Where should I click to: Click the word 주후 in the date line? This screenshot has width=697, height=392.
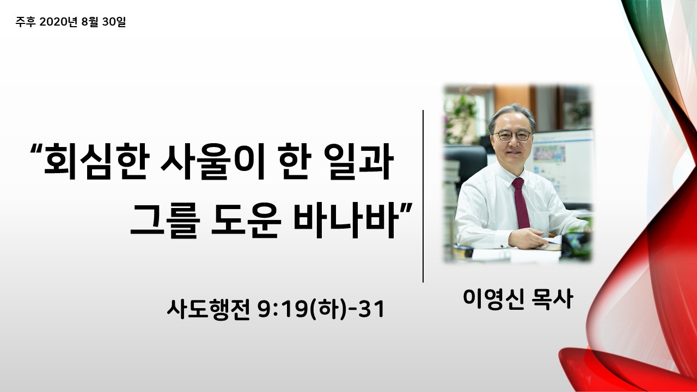pyautogui.click(x=26, y=22)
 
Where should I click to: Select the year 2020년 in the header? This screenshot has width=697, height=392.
pyautogui.click(x=58, y=22)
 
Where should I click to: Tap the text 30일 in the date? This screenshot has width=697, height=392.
pyautogui.click(x=114, y=22)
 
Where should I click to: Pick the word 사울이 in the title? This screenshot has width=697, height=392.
pyautogui.click(x=212, y=162)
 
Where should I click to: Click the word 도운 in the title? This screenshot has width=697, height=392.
pyautogui.click(x=246, y=220)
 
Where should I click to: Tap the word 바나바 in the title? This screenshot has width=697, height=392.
pyautogui.click(x=346, y=220)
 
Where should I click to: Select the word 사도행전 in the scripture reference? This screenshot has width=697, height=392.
pyautogui.click(x=209, y=309)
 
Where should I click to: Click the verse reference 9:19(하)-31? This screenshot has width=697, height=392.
pyautogui.click(x=321, y=309)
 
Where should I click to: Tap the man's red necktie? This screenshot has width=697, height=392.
pyautogui.click(x=521, y=203)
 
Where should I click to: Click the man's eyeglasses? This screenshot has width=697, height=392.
pyautogui.click(x=512, y=136)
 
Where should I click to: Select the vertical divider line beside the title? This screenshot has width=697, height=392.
pyautogui.click(x=423, y=197)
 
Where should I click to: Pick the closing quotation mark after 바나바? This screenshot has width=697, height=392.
pyautogui.click(x=406, y=207)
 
